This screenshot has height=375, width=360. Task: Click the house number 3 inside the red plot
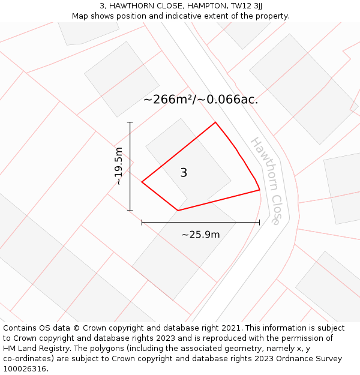coord(184,172)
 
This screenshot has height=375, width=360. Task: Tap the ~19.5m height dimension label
coord(119,166)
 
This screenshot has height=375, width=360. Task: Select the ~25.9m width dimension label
coord(200,235)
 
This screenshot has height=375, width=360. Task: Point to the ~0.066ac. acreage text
coord(228,99)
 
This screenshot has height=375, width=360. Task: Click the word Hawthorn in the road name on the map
coord(265,164)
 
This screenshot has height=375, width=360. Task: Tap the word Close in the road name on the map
coord(277,210)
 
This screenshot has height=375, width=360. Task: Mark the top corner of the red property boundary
coord(215,122)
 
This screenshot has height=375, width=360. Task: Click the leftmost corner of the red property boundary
coord(142,182)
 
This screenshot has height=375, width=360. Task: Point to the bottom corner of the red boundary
coord(178,211)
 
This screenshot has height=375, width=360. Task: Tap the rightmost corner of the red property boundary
coord(260,190)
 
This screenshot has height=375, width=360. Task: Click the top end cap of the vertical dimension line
coord(130,122)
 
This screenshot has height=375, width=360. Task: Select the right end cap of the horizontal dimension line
coord(260,223)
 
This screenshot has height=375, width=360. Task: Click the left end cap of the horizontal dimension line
coord(142,223)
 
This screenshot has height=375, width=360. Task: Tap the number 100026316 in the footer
coord(25,369)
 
